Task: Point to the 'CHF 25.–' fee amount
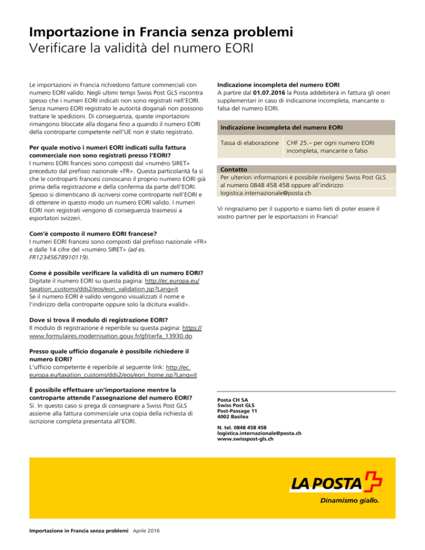coord(302,143)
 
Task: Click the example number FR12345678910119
coord(59,257)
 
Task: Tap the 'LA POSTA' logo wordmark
coord(325,485)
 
